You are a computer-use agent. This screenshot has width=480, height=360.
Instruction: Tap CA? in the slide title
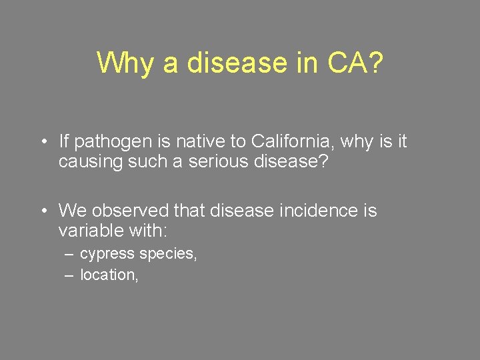click(355, 63)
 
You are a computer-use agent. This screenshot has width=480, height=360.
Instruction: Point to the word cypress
click(107, 254)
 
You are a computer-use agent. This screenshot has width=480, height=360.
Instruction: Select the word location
click(109, 275)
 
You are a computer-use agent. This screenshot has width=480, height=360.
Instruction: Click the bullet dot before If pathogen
click(42, 142)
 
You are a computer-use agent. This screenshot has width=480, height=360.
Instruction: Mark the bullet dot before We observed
click(42, 211)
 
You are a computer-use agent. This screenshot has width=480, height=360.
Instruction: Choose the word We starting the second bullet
click(72, 211)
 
